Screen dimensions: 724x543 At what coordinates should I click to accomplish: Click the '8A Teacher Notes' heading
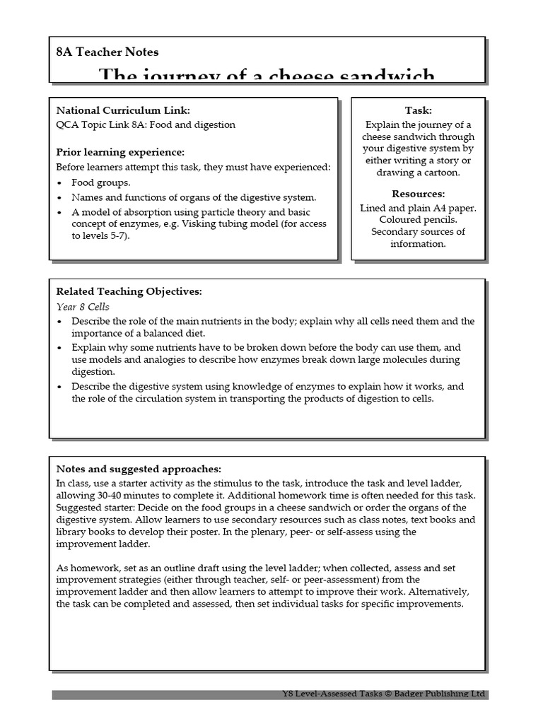[x=107, y=52]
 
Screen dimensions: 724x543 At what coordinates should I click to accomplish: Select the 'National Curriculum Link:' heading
[x=123, y=110]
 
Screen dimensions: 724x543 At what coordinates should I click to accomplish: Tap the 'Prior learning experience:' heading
[x=120, y=152]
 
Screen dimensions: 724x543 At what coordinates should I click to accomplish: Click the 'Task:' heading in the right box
[x=418, y=110]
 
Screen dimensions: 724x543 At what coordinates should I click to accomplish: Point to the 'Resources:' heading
[x=418, y=194]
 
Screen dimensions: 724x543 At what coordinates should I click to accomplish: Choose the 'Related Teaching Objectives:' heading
[x=129, y=291]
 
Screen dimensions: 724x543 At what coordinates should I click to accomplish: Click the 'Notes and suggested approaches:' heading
[x=139, y=469]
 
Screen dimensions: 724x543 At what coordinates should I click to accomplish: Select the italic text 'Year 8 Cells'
[x=83, y=307]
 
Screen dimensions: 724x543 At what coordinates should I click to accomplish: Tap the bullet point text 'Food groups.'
[x=96, y=182]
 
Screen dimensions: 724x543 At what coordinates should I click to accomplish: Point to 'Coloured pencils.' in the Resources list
[x=418, y=220]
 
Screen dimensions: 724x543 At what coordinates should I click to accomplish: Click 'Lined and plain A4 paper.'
[x=418, y=208]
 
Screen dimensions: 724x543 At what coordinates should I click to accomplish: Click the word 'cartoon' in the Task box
[x=438, y=173]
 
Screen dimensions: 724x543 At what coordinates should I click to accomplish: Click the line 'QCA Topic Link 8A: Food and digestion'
[x=146, y=125]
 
